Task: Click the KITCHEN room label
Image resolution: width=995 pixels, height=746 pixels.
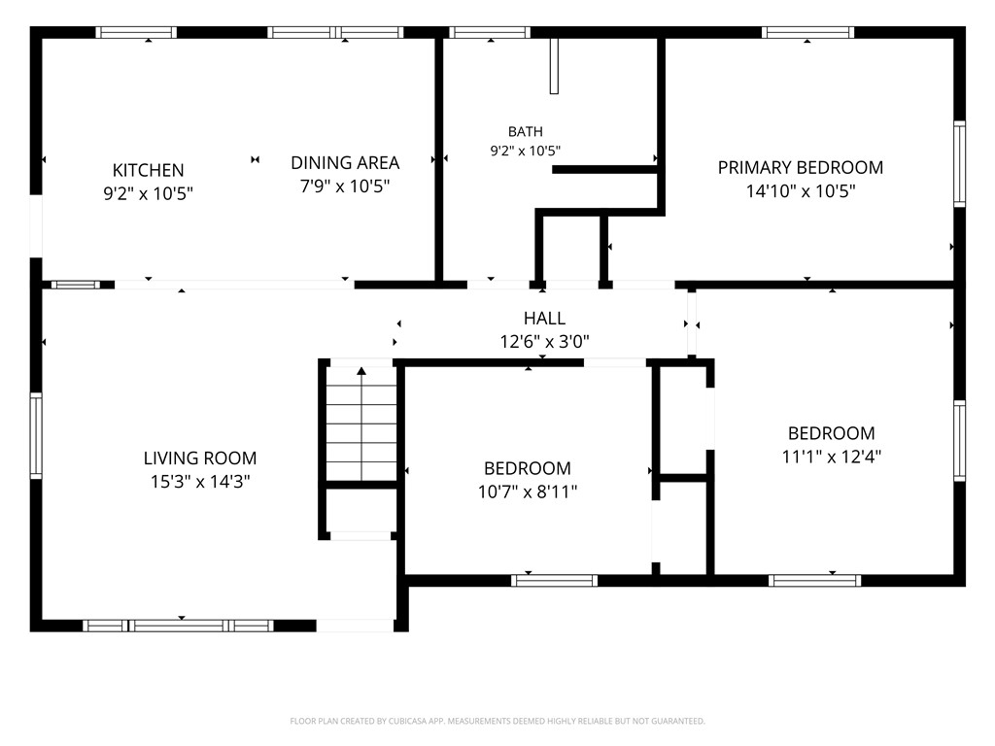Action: (148, 170)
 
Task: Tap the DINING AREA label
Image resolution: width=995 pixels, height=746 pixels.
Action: (345, 163)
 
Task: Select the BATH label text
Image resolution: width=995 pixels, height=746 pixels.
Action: (526, 131)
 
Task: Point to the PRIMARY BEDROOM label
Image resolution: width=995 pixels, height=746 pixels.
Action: (801, 167)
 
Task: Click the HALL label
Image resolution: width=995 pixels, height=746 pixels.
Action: (544, 318)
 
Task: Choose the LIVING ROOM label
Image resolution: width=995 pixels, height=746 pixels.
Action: (200, 458)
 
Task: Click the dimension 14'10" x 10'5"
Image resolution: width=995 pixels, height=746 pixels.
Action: (801, 191)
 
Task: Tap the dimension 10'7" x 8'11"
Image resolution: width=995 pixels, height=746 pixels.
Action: (528, 492)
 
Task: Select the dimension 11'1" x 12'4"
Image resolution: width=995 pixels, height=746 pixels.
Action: (832, 457)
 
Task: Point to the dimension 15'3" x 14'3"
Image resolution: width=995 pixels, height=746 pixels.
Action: (200, 482)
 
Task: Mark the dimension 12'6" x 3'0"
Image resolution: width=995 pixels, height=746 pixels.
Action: (544, 342)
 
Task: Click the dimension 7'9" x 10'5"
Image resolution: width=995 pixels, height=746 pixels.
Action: (345, 186)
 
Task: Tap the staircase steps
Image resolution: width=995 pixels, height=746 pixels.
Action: (361, 424)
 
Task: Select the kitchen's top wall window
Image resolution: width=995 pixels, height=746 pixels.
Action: (136, 32)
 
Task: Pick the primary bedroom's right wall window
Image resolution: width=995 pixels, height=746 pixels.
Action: (959, 163)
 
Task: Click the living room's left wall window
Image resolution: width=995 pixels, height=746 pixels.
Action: (36, 436)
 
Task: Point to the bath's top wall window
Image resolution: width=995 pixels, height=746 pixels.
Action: (490, 32)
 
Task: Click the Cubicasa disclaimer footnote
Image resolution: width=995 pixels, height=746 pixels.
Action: (497, 722)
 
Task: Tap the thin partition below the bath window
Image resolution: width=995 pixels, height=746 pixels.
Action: (554, 66)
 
